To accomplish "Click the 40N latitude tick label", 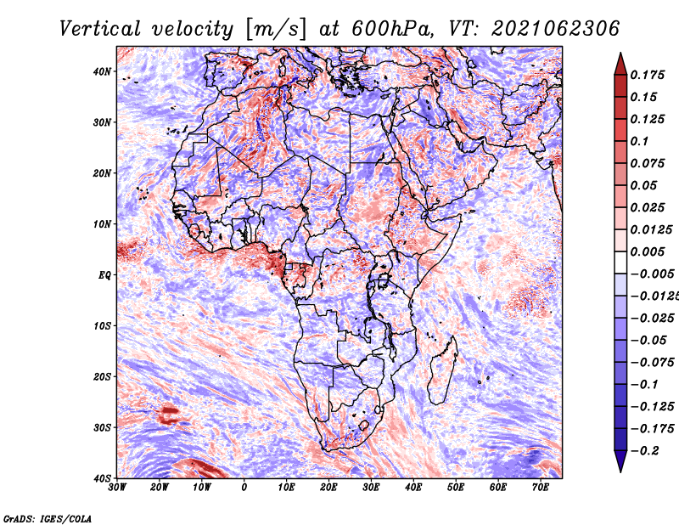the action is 102,71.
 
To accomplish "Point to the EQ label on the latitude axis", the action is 104,275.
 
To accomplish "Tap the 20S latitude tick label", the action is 102,376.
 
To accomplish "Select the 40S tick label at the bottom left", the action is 102,478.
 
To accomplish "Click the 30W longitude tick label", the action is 117,488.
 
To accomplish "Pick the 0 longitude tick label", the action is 244,488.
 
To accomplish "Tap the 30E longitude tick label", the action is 371,488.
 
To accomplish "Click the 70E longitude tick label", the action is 541,488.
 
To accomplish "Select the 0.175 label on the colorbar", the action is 648,75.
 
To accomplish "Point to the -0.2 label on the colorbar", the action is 645,450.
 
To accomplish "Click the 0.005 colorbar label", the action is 648,251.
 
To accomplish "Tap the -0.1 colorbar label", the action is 645,384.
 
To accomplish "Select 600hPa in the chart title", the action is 391,29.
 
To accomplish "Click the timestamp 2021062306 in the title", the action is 556,29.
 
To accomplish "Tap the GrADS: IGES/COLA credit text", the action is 48,518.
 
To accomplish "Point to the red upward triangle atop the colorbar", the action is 620,64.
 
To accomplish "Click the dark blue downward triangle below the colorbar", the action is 620,461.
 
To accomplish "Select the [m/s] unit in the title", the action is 276,29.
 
